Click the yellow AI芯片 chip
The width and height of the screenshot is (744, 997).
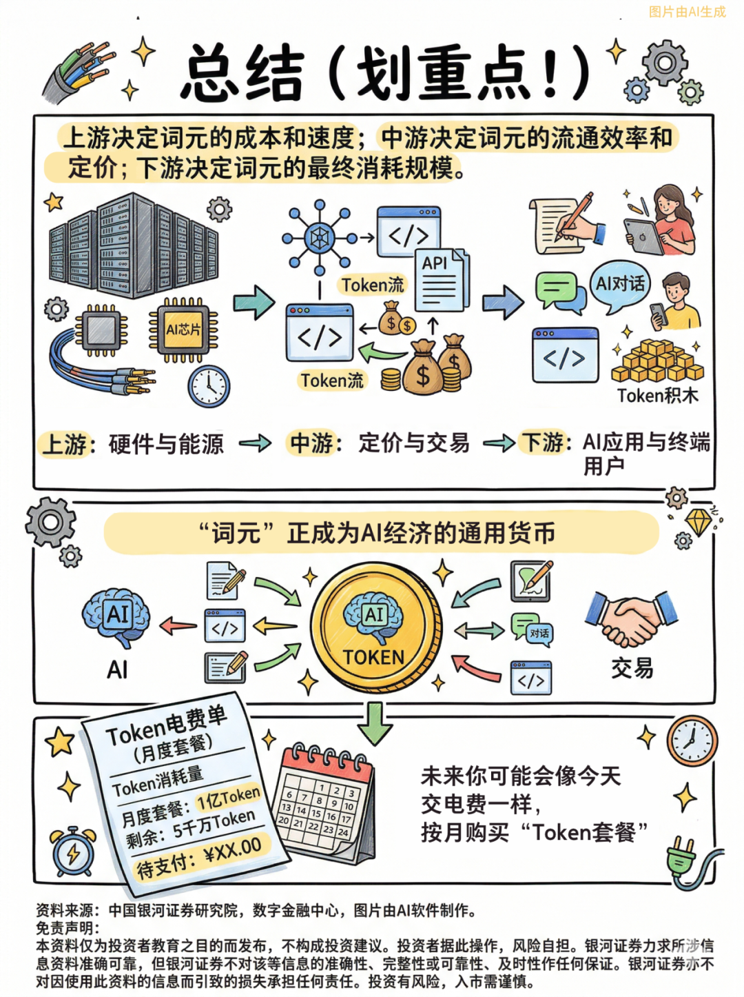[183, 330]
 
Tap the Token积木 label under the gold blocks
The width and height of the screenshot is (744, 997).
[657, 396]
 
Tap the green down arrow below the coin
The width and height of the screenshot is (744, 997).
[375, 724]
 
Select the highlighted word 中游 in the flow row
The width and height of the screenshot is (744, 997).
[311, 442]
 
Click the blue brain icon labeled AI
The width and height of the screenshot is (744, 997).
[116, 618]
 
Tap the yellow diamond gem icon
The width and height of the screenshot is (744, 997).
[699, 521]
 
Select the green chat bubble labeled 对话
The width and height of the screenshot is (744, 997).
[532, 630]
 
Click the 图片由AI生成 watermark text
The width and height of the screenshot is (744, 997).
[688, 12]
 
